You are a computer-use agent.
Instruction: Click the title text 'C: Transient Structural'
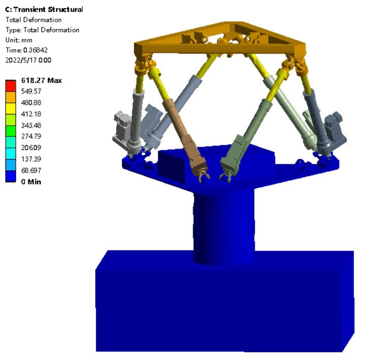point(44,9)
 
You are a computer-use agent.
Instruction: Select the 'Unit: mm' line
point(19,40)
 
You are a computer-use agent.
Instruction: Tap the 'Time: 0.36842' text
point(26,50)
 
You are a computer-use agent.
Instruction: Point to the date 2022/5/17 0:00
point(28,60)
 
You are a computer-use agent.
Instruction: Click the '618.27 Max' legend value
point(42,80)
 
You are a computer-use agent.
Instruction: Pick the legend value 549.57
point(31,91)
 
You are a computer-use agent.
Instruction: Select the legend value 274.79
point(31,136)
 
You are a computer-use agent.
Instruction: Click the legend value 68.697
point(31,170)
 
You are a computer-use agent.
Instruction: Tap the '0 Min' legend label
point(31,182)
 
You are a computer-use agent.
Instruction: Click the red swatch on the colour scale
point(11,86)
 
